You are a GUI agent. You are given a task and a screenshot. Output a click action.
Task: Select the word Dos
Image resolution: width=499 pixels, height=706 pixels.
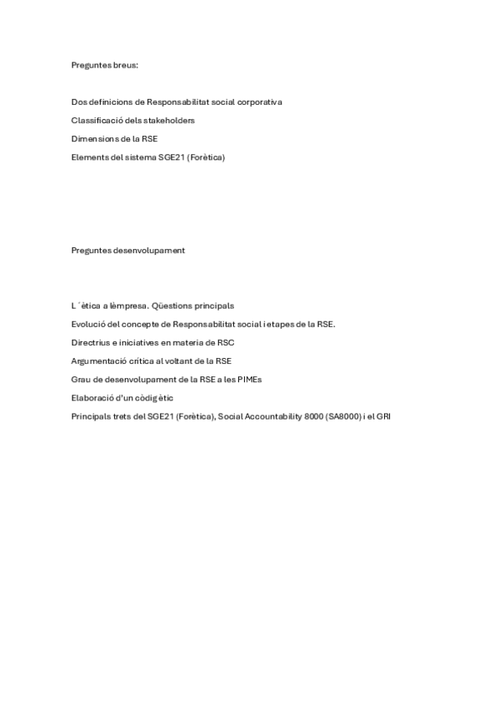78,102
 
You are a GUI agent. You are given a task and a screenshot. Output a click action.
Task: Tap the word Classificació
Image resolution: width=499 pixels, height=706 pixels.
95,121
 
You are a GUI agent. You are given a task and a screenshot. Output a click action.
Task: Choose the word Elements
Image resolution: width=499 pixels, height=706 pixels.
88,157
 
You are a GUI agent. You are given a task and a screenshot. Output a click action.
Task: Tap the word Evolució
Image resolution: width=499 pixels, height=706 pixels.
88,324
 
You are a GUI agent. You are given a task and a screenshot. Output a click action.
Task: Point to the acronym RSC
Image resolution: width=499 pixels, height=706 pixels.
225,342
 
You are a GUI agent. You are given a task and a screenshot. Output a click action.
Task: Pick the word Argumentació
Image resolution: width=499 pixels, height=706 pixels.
100,360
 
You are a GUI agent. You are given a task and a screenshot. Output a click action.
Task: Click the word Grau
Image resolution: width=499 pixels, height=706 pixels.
81,379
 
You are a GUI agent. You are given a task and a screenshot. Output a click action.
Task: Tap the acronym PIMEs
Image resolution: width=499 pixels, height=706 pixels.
248,379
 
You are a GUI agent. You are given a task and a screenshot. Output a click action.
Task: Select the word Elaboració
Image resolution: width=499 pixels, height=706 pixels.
92,397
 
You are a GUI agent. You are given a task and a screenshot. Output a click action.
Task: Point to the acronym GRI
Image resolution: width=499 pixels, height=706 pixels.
383,415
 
